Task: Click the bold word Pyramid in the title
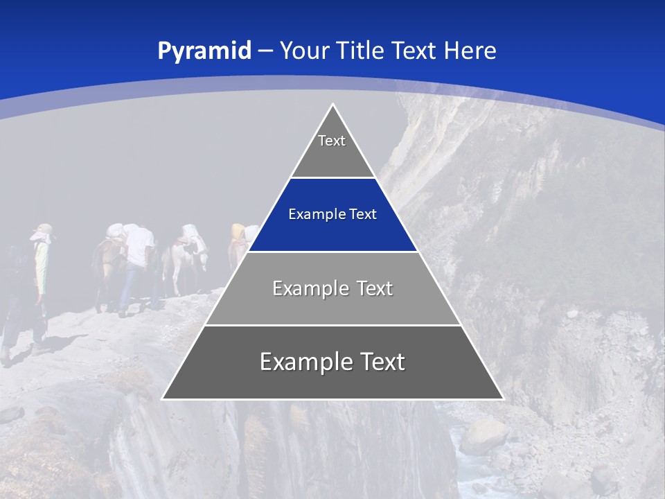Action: click(204, 51)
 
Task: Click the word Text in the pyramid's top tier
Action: click(332, 141)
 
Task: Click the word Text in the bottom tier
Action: click(378, 362)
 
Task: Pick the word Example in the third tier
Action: click(308, 288)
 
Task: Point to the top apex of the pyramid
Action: click(333, 105)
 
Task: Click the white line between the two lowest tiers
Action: click(332, 325)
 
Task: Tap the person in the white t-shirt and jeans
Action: click(137, 263)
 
